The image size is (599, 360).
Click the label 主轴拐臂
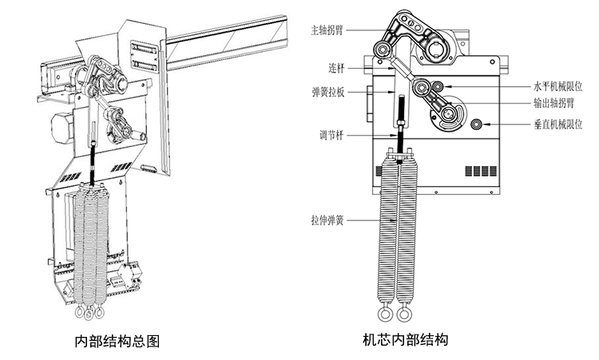click(x=327, y=30)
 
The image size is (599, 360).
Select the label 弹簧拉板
click(x=328, y=93)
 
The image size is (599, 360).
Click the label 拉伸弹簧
click(x=328, y=219)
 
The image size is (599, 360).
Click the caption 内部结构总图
click(x=117, y=342)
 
